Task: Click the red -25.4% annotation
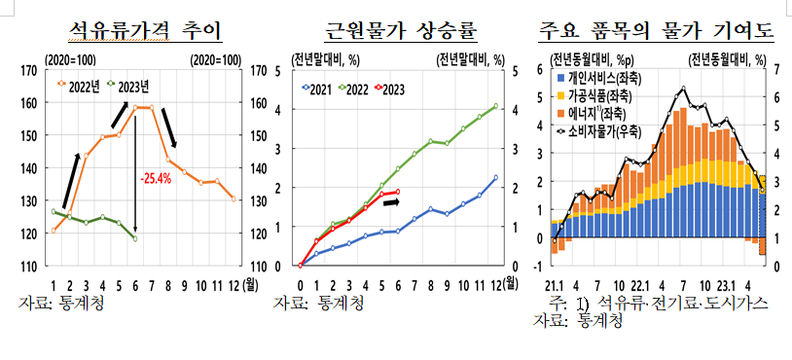(x=155, y=178)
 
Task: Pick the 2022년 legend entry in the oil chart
(x=82, y=85)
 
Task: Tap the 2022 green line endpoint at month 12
(x=495, y=106)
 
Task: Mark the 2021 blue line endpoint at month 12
(x=495, y=178)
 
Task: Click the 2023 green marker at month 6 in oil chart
(x=134, y=238)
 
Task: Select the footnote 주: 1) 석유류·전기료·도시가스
(x=659, y=304)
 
